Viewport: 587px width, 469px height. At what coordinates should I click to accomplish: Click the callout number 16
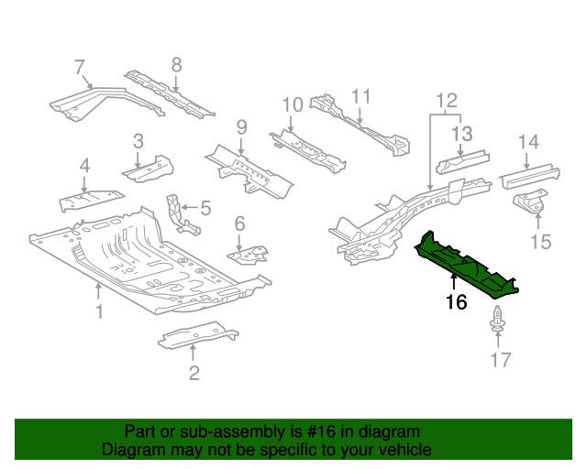coord(456,301)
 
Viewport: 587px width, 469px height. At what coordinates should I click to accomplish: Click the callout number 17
coord(499,359)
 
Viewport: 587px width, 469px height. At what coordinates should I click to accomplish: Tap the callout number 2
coord(194,372)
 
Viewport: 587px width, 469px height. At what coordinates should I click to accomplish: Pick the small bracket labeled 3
coord(147,169)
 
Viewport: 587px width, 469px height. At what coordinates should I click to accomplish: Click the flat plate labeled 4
coord(89,199)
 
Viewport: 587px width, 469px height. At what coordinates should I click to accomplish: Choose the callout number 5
coord(205,209)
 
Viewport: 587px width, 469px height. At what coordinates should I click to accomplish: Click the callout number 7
coord(80,66)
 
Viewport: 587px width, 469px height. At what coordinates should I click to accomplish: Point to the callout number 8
coord(176,64)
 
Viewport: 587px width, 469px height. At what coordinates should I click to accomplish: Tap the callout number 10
coord(291,104)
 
